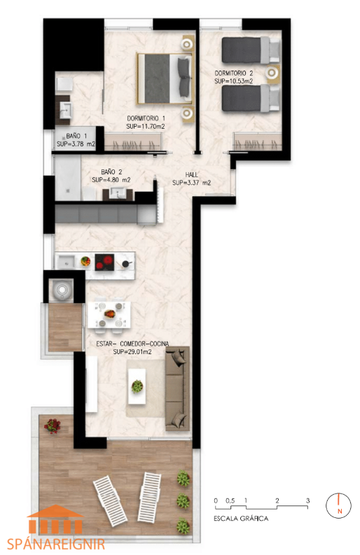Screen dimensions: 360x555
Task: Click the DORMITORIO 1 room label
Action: tap(146, 118)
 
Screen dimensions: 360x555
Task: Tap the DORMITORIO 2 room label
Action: tap(234, 73)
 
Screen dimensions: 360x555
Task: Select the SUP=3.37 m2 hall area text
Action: tap(192, 183)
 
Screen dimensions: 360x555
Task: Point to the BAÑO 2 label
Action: tap(111, 172)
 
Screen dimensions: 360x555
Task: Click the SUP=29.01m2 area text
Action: tap(132, 352)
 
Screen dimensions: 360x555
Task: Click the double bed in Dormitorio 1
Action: tap(165, 78)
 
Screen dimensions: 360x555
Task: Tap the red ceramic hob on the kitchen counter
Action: tap(104, 262)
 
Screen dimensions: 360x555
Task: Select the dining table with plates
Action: tap(109, 314)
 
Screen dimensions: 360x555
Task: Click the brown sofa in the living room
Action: tap(177, 388)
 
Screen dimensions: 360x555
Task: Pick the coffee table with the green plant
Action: tap(137, 386)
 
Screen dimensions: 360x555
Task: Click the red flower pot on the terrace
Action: tap(53, 426)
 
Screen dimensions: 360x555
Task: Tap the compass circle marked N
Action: tap(338, 505)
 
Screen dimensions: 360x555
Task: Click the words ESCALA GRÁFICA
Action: tap(241, 519)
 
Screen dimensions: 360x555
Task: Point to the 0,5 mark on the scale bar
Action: tap(230, 501)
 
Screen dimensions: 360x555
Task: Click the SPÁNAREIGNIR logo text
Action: tap(56, 544)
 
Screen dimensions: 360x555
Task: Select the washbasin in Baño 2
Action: tap(117, 193)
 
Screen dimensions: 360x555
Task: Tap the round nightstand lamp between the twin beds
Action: tap(272, 73)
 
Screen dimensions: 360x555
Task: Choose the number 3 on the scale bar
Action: tap(308, 501)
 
